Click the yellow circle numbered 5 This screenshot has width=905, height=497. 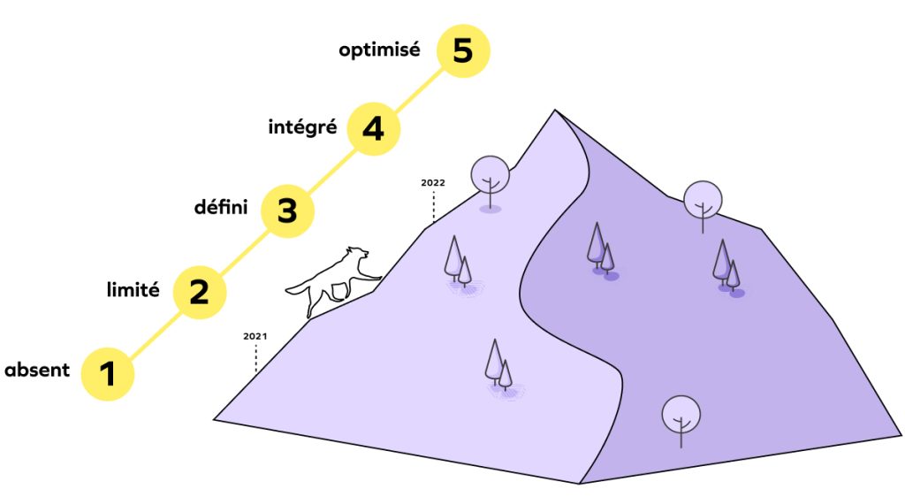[463, 50]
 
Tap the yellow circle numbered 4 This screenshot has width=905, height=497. [374, 128]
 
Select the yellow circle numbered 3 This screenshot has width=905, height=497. [287, 210]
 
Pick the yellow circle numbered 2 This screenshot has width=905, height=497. [199, 292]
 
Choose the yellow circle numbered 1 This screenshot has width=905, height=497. [107, 373]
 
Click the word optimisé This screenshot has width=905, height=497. [379, 50]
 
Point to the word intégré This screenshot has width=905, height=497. [302, 126]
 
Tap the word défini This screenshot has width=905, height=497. [220, 206]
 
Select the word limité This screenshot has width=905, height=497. [133, 288]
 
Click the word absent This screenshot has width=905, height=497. [37, 370]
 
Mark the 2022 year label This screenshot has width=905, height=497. [433, 182]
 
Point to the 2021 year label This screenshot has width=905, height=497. [255, 336]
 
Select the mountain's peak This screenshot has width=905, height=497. [555, 110]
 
